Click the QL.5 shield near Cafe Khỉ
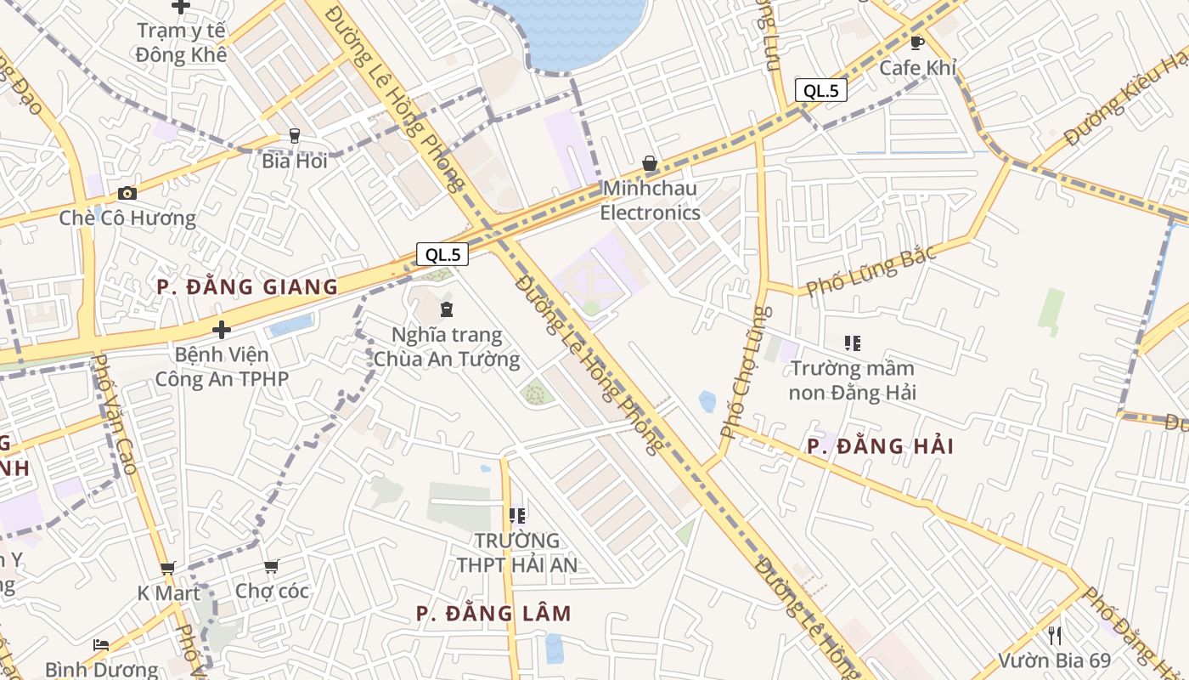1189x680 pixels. point(821,90)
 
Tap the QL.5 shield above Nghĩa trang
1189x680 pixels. point(442,253)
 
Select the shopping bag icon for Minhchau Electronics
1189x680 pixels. point(650,163)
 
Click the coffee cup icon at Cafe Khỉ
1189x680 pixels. point(917,42)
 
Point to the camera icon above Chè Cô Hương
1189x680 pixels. point(127,193)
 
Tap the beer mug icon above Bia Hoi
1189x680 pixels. point(295,135)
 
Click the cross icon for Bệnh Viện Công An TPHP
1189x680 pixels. point(222,329)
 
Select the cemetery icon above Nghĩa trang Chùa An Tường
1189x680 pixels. point(447,309)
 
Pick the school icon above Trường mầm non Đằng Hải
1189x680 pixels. point(852,343)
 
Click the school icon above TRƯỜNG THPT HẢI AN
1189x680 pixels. point(516,515)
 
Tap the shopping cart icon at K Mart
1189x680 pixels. point(168,568)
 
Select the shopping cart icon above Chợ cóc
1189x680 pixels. point(271,566)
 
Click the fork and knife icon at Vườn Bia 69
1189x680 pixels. point(1054,635)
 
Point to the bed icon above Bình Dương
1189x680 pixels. point(101,644)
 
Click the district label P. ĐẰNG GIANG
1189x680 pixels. point(248,286)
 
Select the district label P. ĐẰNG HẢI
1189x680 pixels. point(880,446)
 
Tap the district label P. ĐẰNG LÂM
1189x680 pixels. point(493,613)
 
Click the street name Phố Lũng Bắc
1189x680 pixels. point(871,270)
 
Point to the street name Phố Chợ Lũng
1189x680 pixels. point(746,372)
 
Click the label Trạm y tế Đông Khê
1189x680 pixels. point(182,42)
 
